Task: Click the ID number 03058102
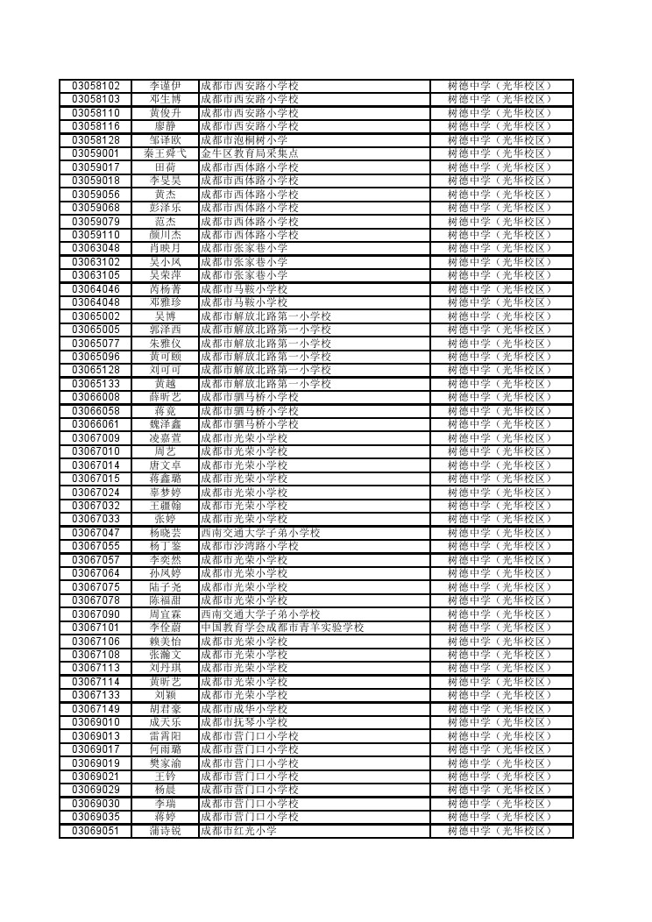(x=96, y=86)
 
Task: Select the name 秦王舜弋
(x=165, y=153)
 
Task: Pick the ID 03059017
(x=96, y=167)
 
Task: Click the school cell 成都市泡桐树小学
(x=244, y=140)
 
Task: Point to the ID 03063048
(x=96, y=248)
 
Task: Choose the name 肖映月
(x=165, y=248)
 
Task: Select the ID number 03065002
(x=96, y=316)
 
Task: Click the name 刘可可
(x=165, y=370)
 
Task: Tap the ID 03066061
(x=96, y=424)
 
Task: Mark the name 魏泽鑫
(x=165, y=424)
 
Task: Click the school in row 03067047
(x=260, y=533)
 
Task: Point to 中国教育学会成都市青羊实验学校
(x=282, y=628)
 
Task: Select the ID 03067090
(x=96, y=614)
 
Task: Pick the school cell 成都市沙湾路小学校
(x=250, y=546)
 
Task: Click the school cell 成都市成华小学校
(x=244, y=709)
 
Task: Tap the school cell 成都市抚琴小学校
(x=244, y=722)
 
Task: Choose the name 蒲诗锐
(x=165, y=831)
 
